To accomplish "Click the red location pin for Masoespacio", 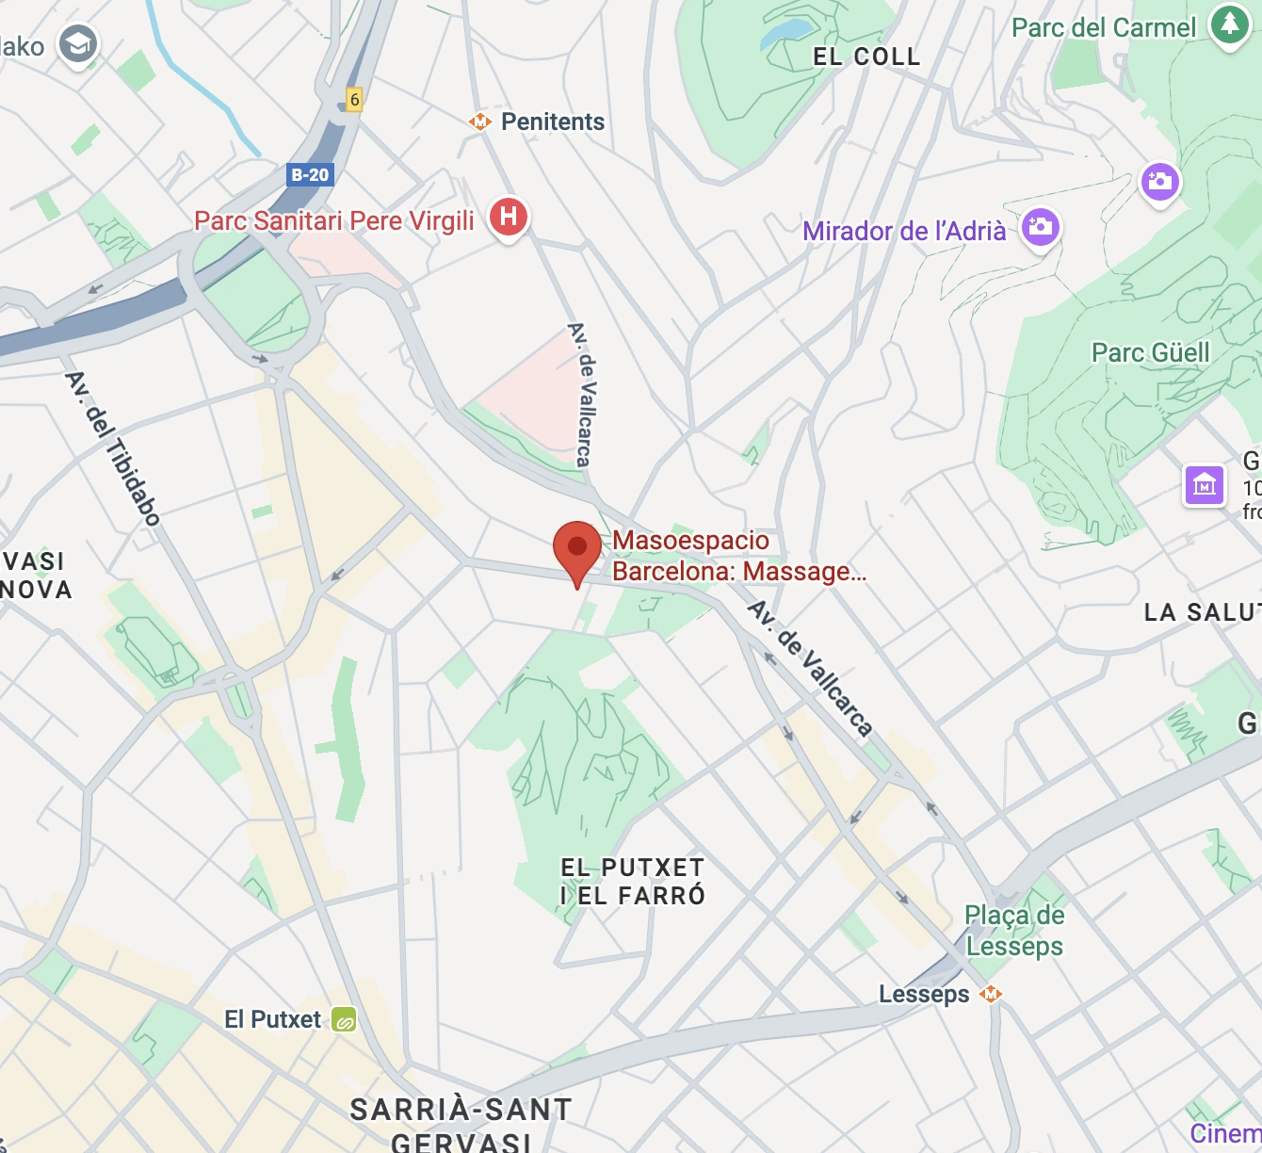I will (x=576, y=548).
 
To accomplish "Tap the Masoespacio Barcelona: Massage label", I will (x=738, y=556).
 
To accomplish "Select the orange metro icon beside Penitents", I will (x=480, y=122).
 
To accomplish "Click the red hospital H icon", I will (x=509, y=217).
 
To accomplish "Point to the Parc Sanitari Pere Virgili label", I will (x=334, y=220).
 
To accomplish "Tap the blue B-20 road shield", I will (x=310, y=174).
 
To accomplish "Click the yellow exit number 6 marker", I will (x=354, y=99).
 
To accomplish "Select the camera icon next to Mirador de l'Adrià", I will (x=1041, y=227).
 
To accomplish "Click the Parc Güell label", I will (x=1150, y=353).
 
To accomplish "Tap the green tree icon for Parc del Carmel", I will (x=1229, y=24).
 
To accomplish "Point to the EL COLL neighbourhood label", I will (x=866, y=57).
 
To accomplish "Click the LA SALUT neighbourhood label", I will (x=1202, y=612).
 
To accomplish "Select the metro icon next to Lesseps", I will (x=990, y=994).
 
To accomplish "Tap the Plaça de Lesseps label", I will (x=1014, y=931).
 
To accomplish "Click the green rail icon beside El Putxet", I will (x=344, y=1020).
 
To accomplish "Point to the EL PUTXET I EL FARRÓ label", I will (x=633, y=882).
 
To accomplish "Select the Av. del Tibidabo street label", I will (x=113, y=447).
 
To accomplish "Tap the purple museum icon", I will (x=1204, y=485).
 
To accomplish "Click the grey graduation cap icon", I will (x=78, y=44).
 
